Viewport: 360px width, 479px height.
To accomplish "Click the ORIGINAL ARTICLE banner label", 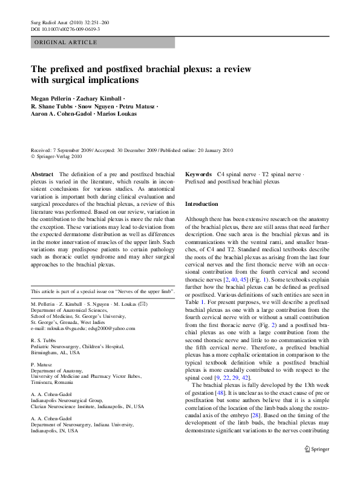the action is tap(66, 42).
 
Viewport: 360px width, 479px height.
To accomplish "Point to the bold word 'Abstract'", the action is tap(42, 174).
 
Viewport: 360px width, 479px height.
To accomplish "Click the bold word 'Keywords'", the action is tap(198, 174).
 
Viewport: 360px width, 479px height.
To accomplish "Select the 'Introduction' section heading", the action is tap(201, 204).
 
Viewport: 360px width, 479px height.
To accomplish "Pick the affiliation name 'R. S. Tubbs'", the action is tap(42, 341).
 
